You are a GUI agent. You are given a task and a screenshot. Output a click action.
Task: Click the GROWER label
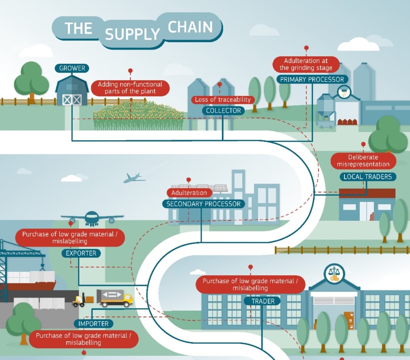72,68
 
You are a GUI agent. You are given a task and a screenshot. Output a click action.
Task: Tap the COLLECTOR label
223,110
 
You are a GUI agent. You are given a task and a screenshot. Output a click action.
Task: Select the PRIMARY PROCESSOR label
312,80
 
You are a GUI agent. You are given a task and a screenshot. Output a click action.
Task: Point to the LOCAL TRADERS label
368,176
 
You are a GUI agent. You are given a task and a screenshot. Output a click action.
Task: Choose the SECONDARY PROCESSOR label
203,204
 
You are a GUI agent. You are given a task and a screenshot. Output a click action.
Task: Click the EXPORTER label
81,253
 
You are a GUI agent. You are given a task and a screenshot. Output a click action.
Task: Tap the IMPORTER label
94,324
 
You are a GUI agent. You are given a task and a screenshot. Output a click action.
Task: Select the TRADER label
263,301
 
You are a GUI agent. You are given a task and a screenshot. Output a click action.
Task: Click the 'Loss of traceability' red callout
222,99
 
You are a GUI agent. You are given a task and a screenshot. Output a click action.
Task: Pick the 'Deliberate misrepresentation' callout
363,161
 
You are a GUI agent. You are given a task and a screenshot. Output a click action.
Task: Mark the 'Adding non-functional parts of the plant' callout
130,88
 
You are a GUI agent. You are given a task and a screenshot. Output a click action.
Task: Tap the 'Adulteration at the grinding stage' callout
306,64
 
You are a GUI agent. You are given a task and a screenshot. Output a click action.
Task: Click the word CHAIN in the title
190,27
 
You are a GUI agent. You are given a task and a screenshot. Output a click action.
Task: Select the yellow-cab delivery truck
115,298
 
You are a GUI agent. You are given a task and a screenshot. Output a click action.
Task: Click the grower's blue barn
72,91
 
